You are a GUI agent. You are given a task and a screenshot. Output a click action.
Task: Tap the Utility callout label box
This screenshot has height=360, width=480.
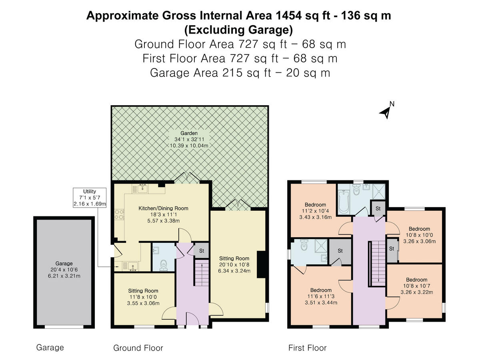[90, 198]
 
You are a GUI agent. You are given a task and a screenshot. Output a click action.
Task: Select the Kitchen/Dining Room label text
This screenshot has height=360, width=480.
[163, 214]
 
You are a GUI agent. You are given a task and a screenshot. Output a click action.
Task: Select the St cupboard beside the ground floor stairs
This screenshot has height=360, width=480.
[202, 251]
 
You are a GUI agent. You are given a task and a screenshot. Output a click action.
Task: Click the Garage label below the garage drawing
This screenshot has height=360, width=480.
[50, 347]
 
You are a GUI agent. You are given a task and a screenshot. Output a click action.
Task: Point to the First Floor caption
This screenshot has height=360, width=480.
[307, 348]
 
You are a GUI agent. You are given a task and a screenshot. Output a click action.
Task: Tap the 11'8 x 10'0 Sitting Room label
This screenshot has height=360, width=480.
[143, 297]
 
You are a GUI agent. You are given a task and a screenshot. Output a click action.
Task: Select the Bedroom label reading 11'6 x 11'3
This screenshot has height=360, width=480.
[321, 296]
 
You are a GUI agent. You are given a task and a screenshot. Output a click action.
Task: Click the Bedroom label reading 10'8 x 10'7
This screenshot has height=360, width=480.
[416, 286]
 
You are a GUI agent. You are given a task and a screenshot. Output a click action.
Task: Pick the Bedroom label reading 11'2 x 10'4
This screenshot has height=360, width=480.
[315, 211]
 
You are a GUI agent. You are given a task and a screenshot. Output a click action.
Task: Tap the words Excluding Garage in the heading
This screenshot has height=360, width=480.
[238, 30]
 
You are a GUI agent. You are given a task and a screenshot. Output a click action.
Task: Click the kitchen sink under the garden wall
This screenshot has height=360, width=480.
[142, 188]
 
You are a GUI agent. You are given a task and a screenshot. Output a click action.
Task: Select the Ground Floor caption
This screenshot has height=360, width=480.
[138, 348]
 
